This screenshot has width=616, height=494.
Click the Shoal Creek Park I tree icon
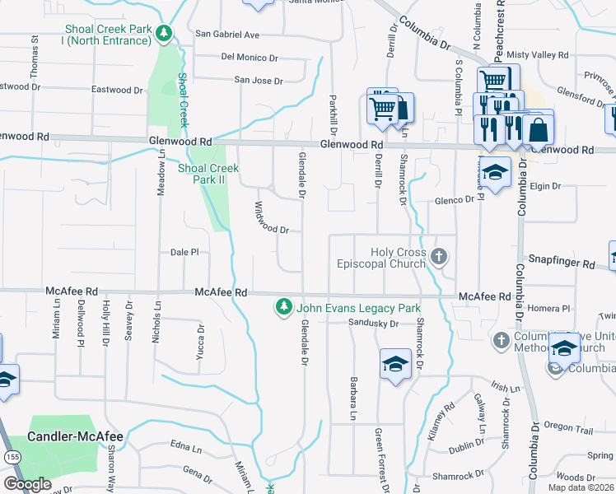click(165, 34)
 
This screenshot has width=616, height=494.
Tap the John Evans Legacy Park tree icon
click(284, 307)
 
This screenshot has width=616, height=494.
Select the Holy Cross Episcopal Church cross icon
click(439, 258)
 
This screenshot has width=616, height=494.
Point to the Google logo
click(27, 483)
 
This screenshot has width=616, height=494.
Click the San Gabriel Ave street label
click(226, 35)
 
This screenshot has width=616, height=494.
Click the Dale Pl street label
click(184, 252)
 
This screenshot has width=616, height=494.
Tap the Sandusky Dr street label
click(373, 324)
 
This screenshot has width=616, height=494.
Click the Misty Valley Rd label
click(538, 55)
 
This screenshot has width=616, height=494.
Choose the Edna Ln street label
click(185, 449)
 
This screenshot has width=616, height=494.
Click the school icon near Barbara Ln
click(395, 363)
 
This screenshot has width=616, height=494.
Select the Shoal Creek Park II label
click(208, 174)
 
